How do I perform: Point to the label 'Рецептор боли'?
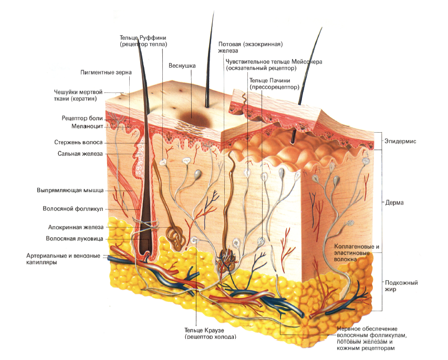[82, 119]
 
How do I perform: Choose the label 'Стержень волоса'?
[78, 142]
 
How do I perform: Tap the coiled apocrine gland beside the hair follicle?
[176, 237]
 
